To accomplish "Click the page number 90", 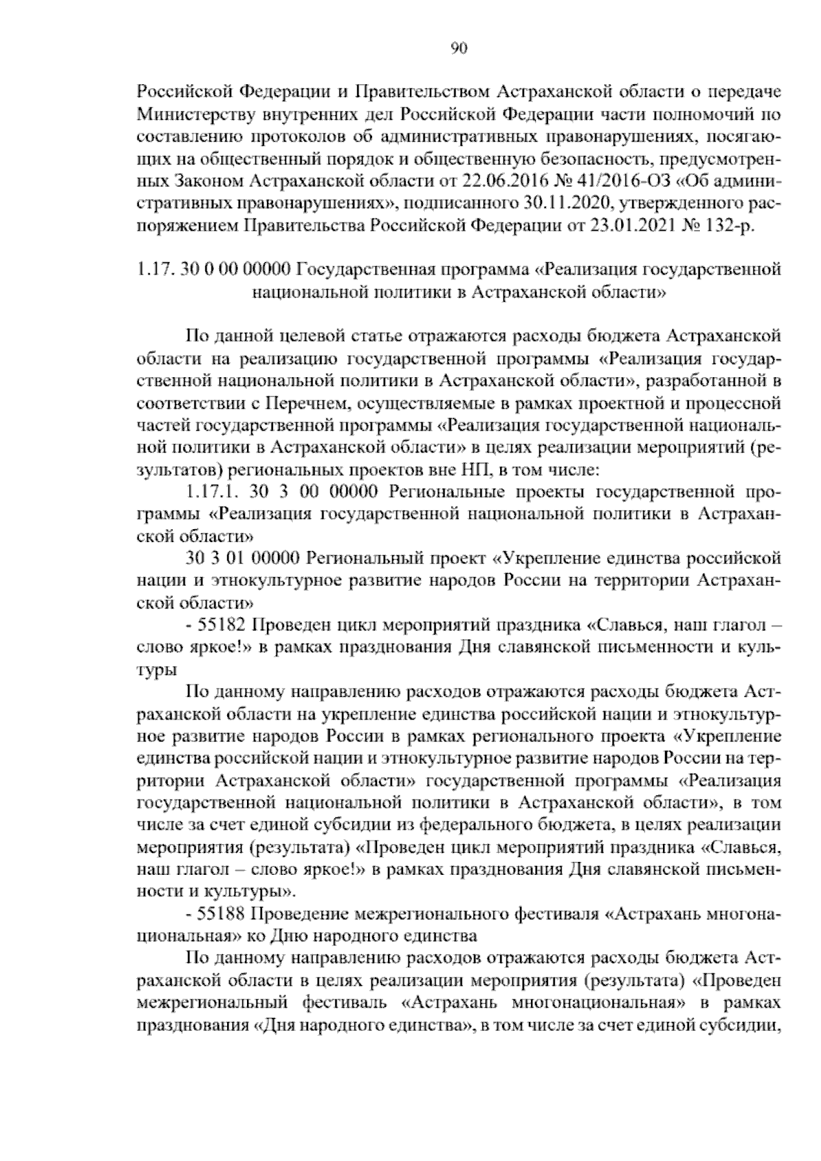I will point(458,47).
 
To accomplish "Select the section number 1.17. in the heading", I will point(156,270).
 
